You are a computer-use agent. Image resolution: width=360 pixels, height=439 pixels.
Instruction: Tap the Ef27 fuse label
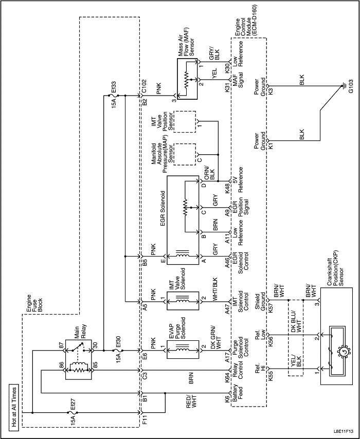73,410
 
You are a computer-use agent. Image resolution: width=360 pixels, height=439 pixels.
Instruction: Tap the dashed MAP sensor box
185,154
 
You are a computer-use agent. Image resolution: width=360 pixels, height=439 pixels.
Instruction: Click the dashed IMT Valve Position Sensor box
185,121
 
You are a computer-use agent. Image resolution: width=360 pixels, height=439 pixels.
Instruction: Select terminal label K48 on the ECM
228,189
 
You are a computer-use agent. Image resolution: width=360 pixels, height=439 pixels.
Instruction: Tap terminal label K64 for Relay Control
228,375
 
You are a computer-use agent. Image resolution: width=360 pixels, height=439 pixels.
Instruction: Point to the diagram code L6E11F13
343,431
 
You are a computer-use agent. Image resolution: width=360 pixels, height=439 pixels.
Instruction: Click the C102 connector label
146,85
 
